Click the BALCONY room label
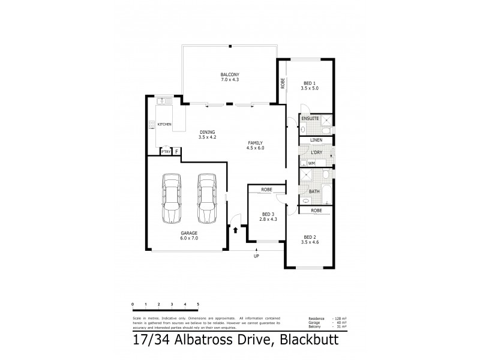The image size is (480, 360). pos(230,74)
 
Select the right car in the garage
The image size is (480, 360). pos(207,197)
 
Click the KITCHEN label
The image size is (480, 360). pos(164,124)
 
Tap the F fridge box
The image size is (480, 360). pos(177,152)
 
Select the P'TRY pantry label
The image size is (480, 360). pos(166,152)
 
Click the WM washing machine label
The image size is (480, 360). pos(311,163)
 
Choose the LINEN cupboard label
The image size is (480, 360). pos(316,140)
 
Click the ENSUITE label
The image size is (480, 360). pos(310,119)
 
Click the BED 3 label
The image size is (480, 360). pos(268,214)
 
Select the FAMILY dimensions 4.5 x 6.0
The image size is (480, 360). pos(256,148)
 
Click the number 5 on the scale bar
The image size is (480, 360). pos(198,305)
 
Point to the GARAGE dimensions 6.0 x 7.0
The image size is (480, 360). pos(190,238)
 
